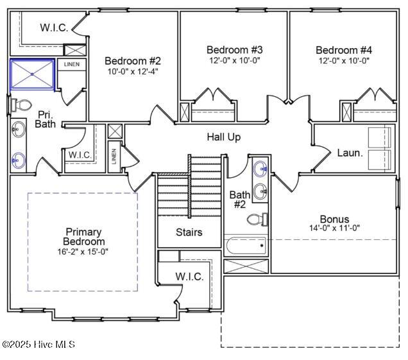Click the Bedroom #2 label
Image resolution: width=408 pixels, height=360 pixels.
point(132,61)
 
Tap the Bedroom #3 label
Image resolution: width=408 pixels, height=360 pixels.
point(234,49)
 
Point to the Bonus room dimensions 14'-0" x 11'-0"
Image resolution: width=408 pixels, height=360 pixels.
point(334,228)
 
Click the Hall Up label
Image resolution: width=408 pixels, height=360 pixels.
point(224,137)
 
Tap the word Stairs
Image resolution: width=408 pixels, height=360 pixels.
point(189,232)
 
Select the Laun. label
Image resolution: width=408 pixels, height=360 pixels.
point(350,153)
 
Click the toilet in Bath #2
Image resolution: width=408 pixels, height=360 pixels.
point(257,220)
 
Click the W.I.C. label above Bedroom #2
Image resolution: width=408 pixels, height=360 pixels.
point(54,27)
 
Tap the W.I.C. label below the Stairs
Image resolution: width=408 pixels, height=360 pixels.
point(189,277)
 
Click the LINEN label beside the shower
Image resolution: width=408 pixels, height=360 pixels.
point(71,64)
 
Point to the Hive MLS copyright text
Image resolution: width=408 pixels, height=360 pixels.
point(38,345)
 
